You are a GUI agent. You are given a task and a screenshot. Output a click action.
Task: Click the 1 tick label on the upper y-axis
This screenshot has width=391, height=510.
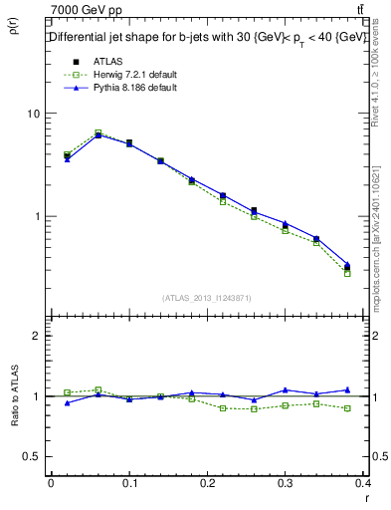click(36, 216)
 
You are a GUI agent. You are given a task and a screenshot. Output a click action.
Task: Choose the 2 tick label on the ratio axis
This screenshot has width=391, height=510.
click(36, 336)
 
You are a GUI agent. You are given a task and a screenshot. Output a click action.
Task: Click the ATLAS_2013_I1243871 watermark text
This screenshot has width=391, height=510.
click(207, 298)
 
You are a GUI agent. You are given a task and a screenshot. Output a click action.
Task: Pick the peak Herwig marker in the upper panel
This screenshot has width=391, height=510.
click(98, 132)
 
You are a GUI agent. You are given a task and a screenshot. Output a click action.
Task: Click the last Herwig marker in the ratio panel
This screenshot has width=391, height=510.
click(347, 408)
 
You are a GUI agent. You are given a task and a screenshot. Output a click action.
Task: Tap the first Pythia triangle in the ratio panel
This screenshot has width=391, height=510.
click(67, 402)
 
